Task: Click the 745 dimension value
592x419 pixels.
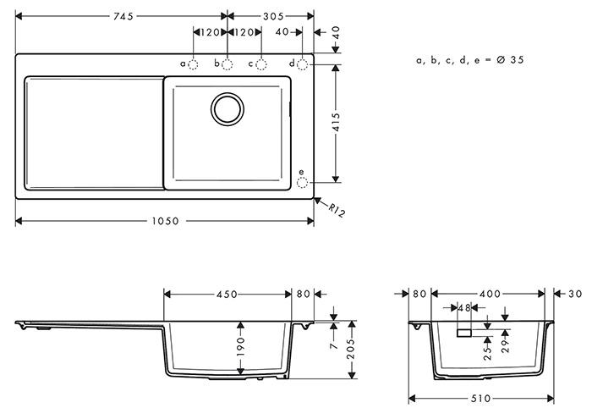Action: pos(123,16)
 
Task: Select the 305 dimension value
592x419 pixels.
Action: pos(272,16)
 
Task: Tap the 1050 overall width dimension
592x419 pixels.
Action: pos(166,221)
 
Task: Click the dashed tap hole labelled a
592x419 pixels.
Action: pos(193,63)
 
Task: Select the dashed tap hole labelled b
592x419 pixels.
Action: pos(227,63)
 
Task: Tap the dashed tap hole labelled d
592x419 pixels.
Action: pos(303,63)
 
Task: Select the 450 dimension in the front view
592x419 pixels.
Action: pos(226,295)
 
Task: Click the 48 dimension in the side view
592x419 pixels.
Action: pos(463,308)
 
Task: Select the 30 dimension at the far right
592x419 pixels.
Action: pos(575,294)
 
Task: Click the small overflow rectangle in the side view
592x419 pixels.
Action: pos(463,334)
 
